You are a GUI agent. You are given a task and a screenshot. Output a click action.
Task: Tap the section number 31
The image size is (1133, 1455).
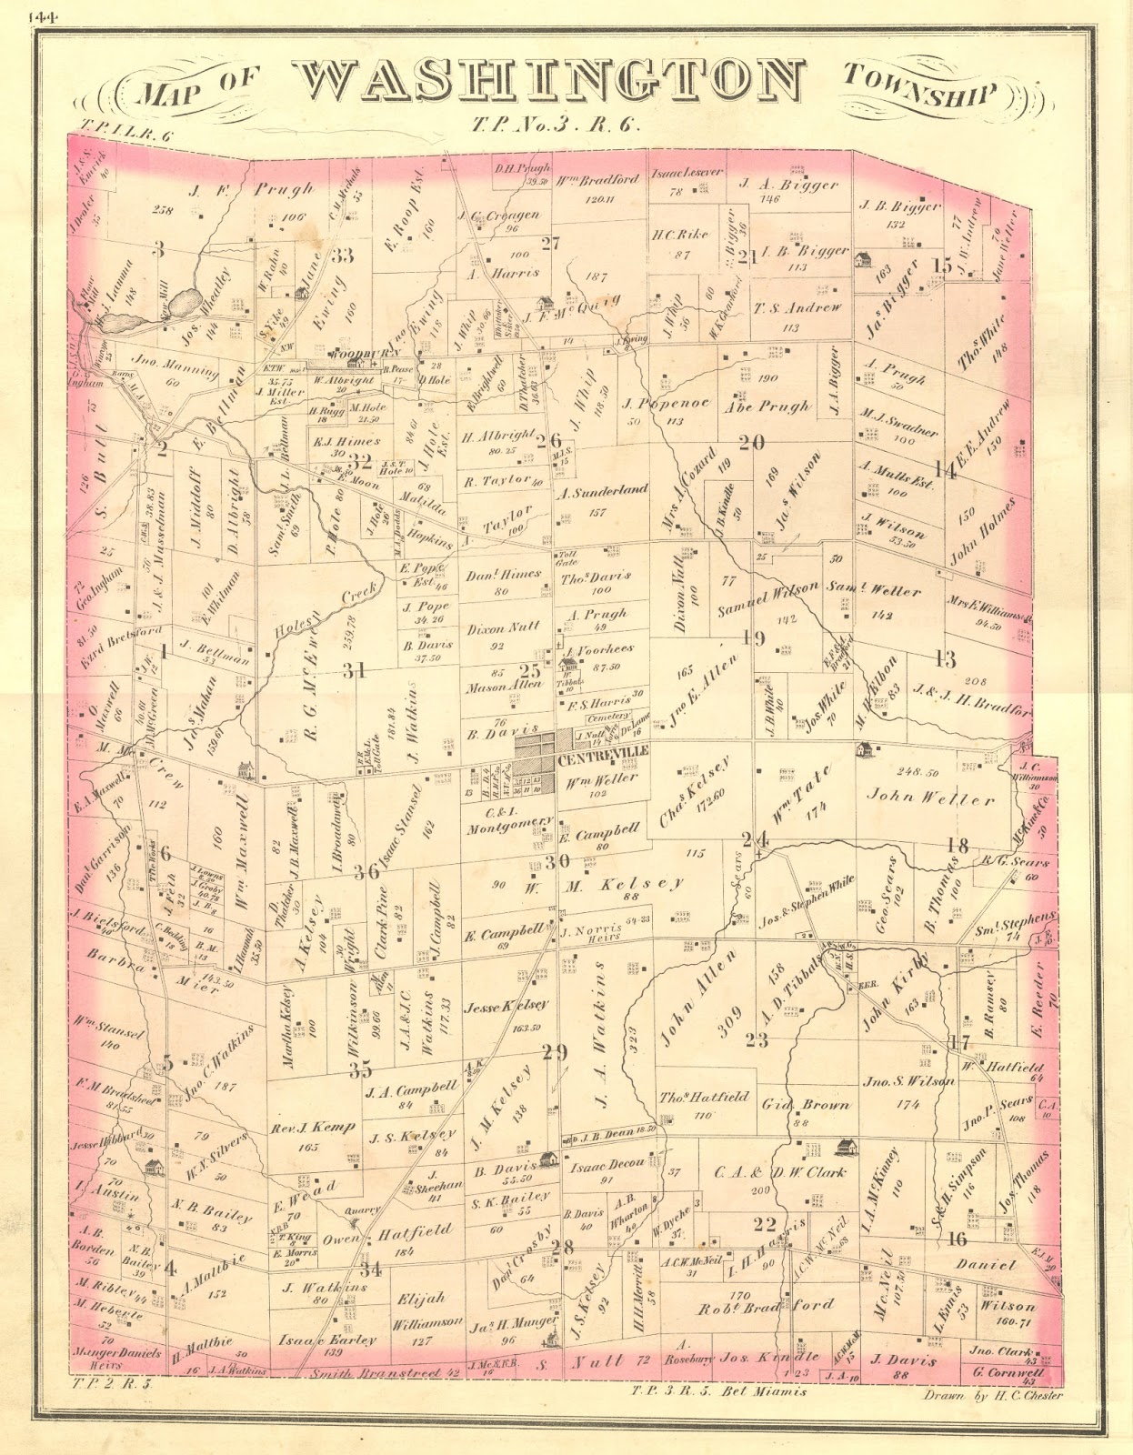coord(354,670)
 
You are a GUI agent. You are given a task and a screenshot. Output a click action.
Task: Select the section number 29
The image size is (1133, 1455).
coord(554,1052)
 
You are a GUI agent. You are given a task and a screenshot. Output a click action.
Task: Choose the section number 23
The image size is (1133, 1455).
coord(757,1039)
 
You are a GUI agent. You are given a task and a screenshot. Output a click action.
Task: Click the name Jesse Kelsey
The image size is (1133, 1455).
coord(506,1006)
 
